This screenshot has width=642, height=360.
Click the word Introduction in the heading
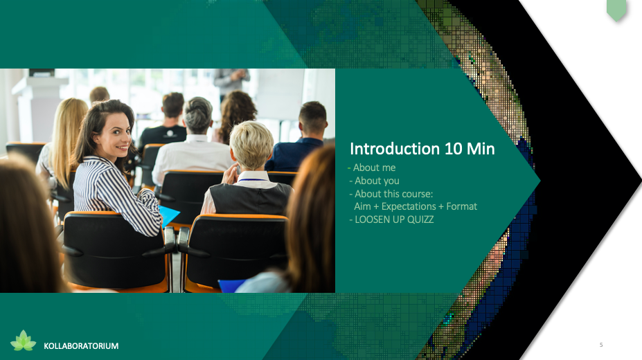point(395,149)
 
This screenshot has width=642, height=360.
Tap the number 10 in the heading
point(453,149)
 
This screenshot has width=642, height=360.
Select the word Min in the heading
point(481,149)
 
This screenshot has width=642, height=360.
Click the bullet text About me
point(374,168)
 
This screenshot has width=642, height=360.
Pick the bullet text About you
point(377,181)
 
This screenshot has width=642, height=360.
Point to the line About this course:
point(393,194)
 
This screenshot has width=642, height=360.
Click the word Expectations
point(409,206)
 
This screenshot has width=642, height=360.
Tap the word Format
point(461,206)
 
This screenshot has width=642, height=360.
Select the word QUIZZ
point(420,219)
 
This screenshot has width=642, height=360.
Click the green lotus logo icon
point(24,341)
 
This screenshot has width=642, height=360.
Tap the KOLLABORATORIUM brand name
point(81,346)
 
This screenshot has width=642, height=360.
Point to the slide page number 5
point(601,345)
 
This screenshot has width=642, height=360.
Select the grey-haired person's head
point(198,115)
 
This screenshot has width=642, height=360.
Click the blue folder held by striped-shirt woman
point(169,215)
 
